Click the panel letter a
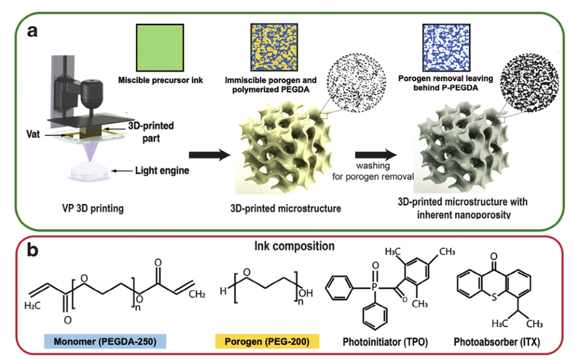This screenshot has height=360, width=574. click(33, 30)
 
